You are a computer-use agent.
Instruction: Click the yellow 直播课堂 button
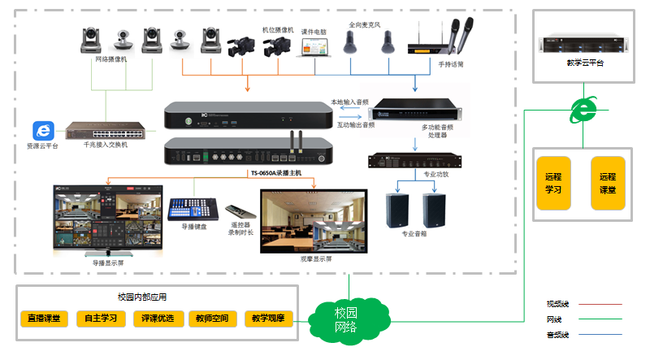coord(44,319)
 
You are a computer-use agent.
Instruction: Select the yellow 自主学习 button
coord(101,319)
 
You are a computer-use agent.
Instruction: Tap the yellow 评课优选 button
coord(157,319)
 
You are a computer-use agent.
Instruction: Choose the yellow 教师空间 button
coord(213,319)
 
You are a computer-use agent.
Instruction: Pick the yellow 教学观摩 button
coord(268,319)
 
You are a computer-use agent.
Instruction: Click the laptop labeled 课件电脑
coord(313,46)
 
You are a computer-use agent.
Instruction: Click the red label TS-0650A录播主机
coord(275,173)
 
